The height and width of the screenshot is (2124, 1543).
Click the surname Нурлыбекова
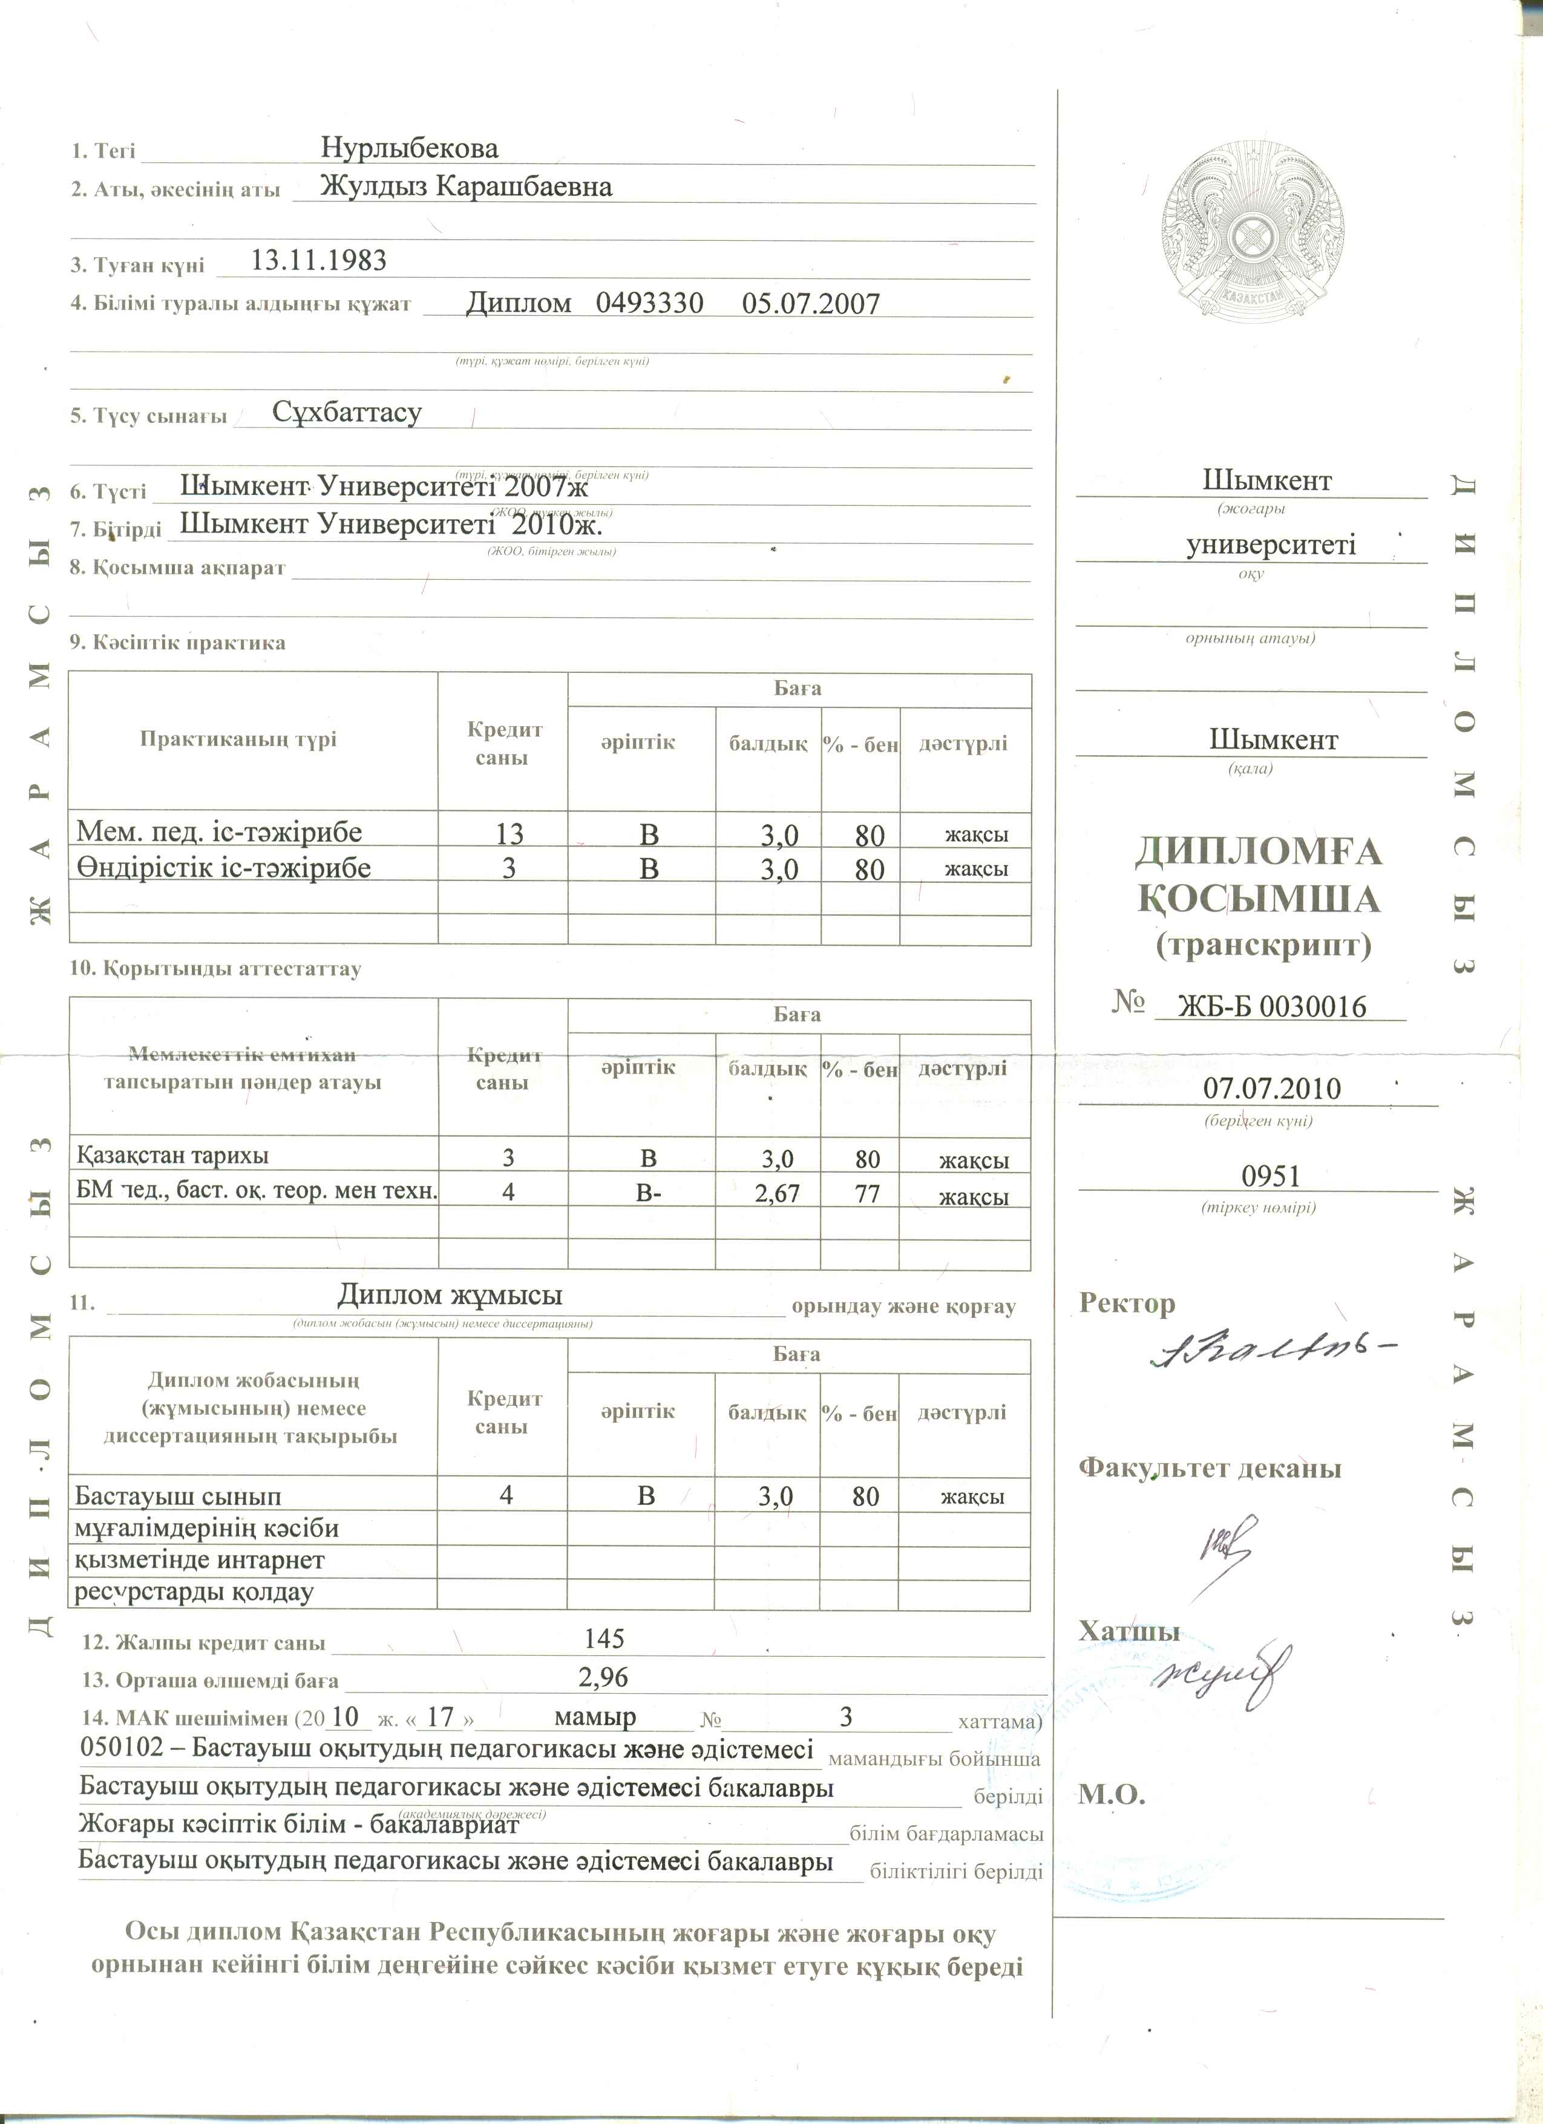coord(409,148)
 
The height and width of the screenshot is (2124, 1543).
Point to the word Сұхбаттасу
coord(347,412)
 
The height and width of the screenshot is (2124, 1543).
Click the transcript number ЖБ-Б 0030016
coord(1271,1007)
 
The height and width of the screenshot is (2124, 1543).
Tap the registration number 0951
coord(1271,1175)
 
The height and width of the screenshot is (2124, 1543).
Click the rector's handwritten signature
coord(1269,1351)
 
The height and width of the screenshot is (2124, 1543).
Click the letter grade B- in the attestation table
coord(648,1193)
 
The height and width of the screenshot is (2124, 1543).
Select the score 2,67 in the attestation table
coord(777,1193)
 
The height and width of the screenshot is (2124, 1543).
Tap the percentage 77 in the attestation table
coord(867,1193)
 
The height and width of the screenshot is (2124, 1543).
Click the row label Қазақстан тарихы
coord(172,1156)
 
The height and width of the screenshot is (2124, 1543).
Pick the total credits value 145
coord(604,1638)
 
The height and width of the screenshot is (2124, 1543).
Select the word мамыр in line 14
coord(595,1717)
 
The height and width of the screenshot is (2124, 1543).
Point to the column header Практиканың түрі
coord(238,739)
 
